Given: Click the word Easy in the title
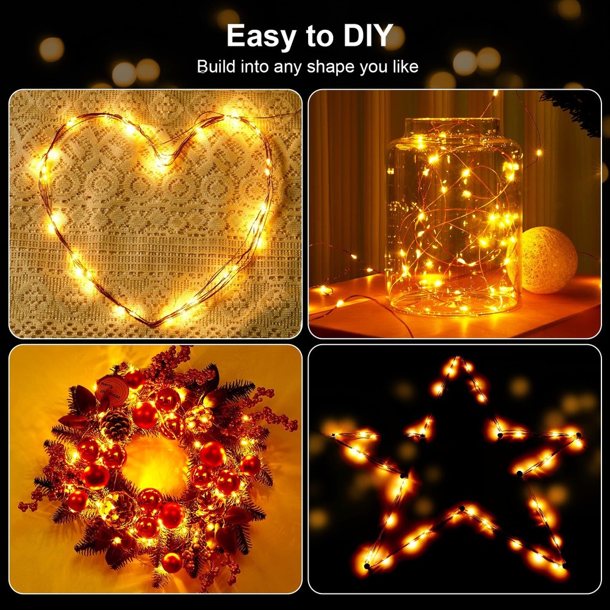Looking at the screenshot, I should (260, 36).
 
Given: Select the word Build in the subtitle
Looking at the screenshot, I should (215, 66).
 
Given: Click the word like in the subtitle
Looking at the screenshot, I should (403, 66).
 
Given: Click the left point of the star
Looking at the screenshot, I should (332, 434).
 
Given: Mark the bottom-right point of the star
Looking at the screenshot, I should (564, 566).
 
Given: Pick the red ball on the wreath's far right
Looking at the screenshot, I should (250, 465).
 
